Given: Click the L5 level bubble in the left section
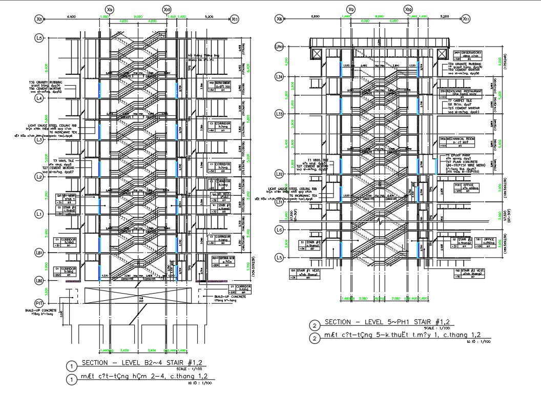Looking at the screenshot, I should (x=39, y=38).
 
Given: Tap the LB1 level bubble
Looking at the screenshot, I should (x=39, y=253).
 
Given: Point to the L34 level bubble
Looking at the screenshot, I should (x=279, y=77).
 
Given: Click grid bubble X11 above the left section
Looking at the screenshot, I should (x=235, y=19).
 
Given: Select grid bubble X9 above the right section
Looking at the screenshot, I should (x=351, y=10).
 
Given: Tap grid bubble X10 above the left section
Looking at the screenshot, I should (x=167, y=10).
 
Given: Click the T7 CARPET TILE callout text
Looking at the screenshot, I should (x=461, y=101).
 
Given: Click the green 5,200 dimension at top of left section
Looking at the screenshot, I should (x=209, y=16).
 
